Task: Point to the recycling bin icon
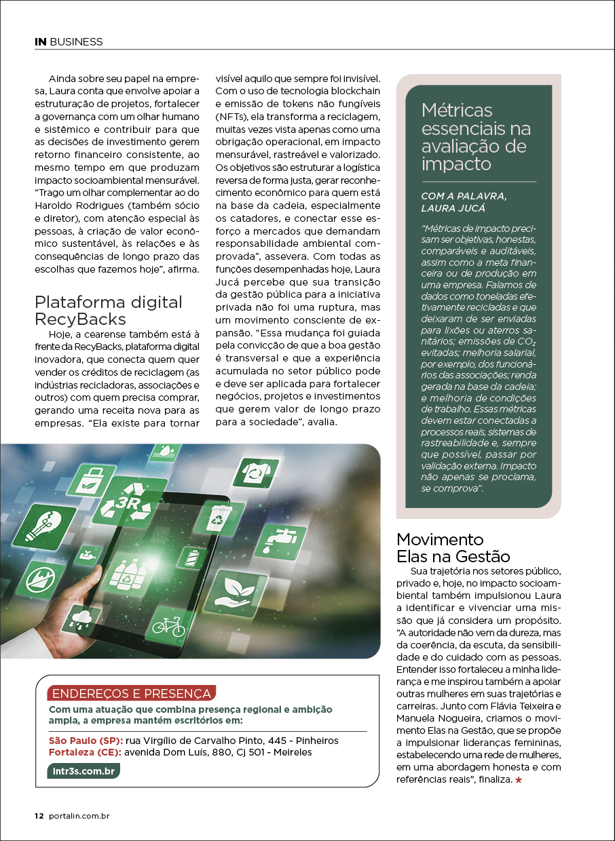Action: (x=219, y=517)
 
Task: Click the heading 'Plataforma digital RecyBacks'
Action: (x=109, y=310)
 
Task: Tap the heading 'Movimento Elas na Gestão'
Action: (x=453, y=548)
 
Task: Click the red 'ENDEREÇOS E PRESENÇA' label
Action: (x=132, y=693)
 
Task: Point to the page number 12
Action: (x=39, y=817)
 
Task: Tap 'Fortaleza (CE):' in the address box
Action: (x=85, y=751)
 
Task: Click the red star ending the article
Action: (x=519, y=781)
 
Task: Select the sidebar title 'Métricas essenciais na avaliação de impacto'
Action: (x=476, y=136)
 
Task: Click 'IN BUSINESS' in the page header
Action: (x=69, y=42)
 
